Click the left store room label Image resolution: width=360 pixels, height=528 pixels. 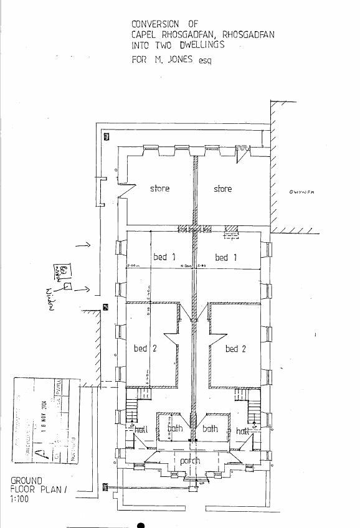click(159, 189)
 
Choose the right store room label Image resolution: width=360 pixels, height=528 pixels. click(222, 189)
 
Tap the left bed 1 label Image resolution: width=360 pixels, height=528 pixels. click(164, 257)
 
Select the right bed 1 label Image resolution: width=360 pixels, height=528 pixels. click(225, 257)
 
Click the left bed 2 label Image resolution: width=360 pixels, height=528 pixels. click(144, 349)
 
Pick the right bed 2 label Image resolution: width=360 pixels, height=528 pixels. click(235, 349)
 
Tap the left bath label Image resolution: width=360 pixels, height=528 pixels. click(175, 429)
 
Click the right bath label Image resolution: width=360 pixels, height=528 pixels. click(210, 429)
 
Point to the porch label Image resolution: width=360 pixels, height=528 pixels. click(190, 461)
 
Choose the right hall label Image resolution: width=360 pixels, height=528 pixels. click(242, 431)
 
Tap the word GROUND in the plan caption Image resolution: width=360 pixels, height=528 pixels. click(26, 481)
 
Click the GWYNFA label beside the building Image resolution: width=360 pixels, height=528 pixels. click(302, 192)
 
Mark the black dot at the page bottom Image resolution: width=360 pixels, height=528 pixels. click(141, 525)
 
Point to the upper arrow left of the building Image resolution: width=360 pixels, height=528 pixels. click(83, 245)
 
